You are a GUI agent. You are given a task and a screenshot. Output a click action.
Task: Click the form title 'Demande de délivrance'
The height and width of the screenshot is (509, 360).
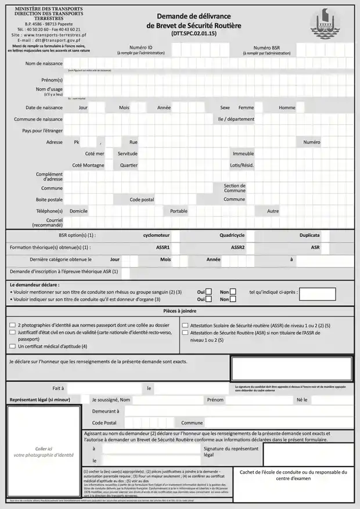[x=193, y=17]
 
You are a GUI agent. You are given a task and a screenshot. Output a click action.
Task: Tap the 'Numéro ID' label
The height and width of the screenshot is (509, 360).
[x=141, y=48]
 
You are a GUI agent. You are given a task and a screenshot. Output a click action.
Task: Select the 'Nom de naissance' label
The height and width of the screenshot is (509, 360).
[x=44, y=63]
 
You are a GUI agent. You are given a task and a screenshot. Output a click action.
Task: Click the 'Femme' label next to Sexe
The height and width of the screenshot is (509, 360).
[x=246, y=107]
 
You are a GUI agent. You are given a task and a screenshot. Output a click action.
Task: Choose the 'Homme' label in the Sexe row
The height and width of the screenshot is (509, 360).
[x=287, y=107]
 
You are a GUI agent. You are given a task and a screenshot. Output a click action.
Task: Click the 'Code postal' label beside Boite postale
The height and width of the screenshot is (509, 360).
[x=142, y=199]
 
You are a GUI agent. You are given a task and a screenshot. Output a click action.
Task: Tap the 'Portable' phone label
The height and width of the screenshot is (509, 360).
[x=179, y=211]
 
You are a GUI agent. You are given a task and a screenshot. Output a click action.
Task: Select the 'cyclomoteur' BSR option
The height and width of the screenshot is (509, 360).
[x=156, y=236]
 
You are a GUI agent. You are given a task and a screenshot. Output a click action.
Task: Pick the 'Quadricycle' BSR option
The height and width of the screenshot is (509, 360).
[x=232, y=236]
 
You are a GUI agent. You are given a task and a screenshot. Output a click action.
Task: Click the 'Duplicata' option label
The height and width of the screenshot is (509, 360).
[x=309, y=236]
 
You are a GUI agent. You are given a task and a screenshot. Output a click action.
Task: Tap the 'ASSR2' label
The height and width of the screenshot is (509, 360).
[x=238, y=247]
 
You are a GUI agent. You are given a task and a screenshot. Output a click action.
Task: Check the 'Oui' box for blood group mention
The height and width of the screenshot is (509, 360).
[x=209, y=292]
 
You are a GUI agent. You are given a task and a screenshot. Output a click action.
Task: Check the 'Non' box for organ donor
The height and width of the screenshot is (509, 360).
[x=233, y=299]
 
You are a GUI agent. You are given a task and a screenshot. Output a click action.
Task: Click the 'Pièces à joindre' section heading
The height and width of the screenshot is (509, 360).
[x=179, y=311]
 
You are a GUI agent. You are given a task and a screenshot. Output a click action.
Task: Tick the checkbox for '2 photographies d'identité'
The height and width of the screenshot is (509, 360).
[x=12, y=326]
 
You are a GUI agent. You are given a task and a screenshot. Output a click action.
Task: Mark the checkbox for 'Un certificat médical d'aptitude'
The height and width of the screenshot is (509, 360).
[x=12, y=346]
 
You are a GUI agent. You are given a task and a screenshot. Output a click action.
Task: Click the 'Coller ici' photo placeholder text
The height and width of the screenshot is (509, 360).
[x=44, y=449]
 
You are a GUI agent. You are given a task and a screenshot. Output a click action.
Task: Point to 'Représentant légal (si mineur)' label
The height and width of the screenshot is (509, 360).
[x=39, y=400]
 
